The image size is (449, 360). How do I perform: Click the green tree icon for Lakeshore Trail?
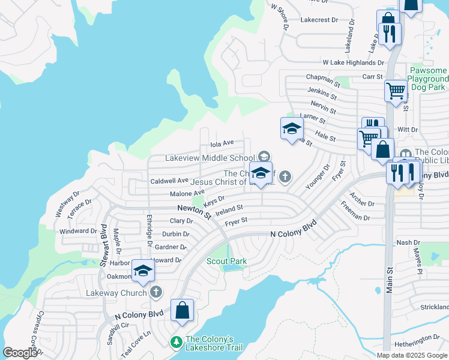click(x=176, y=341)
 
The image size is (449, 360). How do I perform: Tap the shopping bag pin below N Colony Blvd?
click(x=182, y=311)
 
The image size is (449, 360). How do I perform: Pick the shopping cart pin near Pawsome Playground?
click(x=396, y=92)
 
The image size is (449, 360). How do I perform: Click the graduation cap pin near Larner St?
click(x=292, y=129)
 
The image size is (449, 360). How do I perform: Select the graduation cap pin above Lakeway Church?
click(x=143, y=272)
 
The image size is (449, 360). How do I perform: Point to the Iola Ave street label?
click(x=222, y=143)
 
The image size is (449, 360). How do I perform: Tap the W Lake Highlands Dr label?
click(x=353, y=62)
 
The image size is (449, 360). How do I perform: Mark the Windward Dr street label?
click(x=78, y=231)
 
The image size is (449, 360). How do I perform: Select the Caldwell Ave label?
click(x=170, y=181)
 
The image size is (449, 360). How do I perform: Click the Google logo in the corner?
click(x=20, y=353)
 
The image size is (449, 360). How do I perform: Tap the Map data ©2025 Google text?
click(x=411, y=355)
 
